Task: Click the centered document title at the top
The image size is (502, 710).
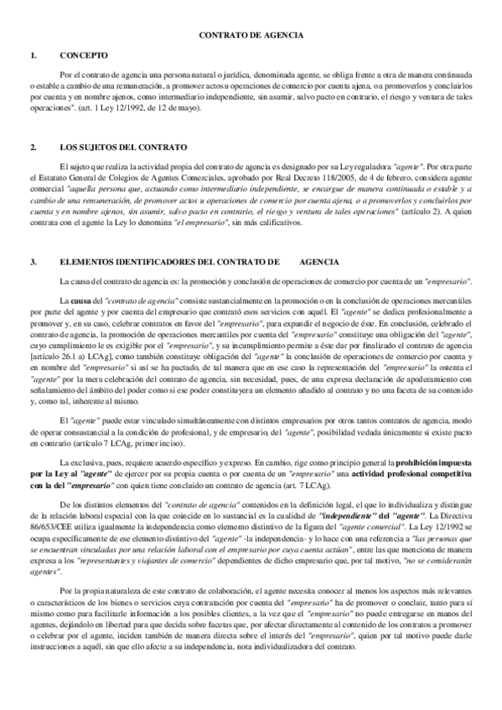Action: click(251, 37)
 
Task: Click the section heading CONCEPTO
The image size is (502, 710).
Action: click(84, 55)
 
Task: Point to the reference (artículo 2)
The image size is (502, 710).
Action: click(427, 214)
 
